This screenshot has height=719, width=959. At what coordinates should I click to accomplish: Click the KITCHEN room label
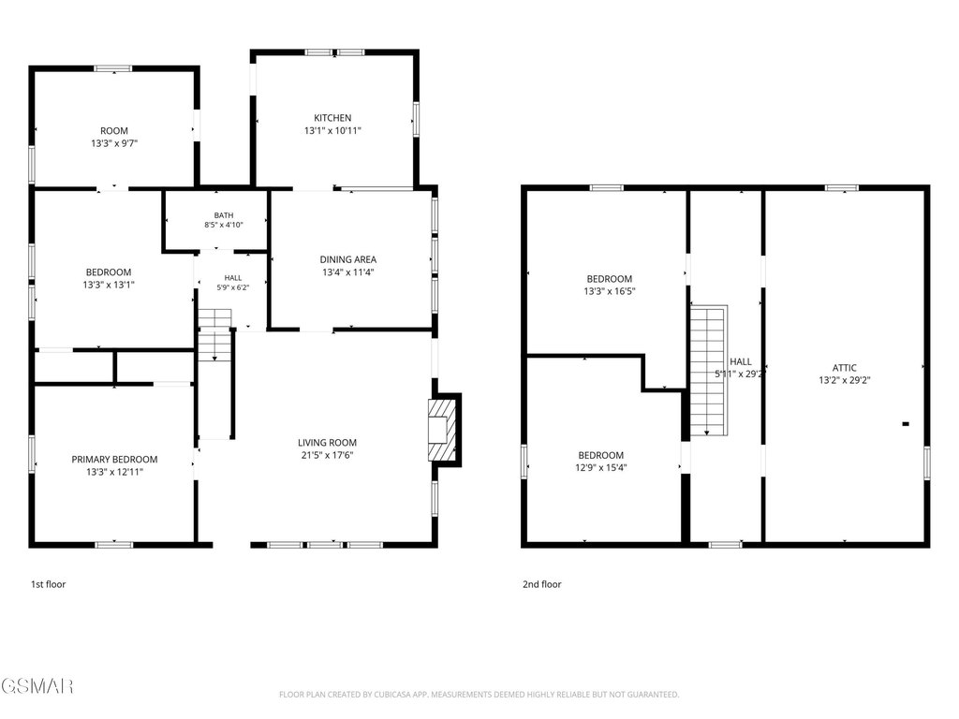click(332, 118)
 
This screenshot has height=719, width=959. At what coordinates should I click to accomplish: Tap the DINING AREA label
click(348, 260)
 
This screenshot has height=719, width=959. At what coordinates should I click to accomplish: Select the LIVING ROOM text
click(327, 443)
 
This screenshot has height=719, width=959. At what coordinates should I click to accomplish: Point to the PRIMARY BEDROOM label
click(114, 460)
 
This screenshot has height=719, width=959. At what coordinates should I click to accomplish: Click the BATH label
click(224, 215)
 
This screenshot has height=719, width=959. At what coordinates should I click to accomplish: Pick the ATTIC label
click(845, 368)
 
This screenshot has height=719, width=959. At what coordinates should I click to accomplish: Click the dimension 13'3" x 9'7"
click(114, 143)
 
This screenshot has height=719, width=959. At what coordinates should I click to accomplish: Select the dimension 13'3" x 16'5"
click(609, 292)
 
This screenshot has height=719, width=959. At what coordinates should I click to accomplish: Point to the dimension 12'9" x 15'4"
click(601, 468)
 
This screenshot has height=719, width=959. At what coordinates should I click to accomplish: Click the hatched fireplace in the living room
click(443, 431)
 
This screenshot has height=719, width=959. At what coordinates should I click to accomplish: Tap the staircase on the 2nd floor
click(709, 370)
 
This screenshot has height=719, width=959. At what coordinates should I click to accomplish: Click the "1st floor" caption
click(49, 584)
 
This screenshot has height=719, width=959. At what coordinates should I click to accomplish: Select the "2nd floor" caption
click(542, 584)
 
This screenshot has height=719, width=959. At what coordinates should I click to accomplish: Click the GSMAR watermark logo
click(37, 686)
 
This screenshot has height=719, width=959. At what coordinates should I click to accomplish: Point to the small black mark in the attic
click(906, 424)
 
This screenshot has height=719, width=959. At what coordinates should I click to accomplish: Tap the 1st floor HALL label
click(233, 278)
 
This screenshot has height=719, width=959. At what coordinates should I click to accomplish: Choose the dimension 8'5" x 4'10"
click(224, 225)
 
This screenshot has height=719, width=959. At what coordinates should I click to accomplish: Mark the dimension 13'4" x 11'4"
click(348, 272)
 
